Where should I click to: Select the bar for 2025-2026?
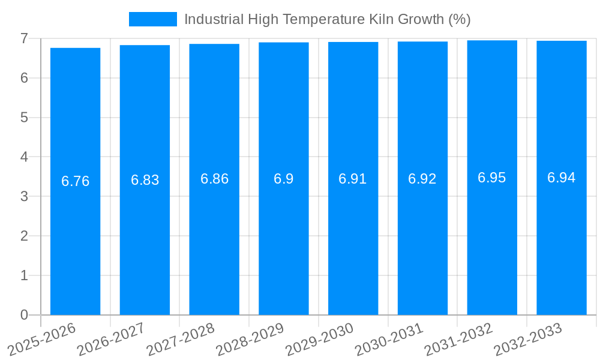(x=75, y=181)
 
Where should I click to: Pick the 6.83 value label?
(x=145, y=180)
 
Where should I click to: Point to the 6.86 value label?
(x=214, y=179)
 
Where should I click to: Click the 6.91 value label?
(x=353, y=179)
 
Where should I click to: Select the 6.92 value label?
(x=422, y=179)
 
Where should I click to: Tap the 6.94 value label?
(x=561, y=178)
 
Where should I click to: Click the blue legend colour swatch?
(x=153, y=19)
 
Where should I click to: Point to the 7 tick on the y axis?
(x=24, y=38)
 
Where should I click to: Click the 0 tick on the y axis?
(x=24, y=315)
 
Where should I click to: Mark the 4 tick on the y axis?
(x=24, y=157)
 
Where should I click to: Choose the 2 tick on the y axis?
(x=24, y=236)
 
